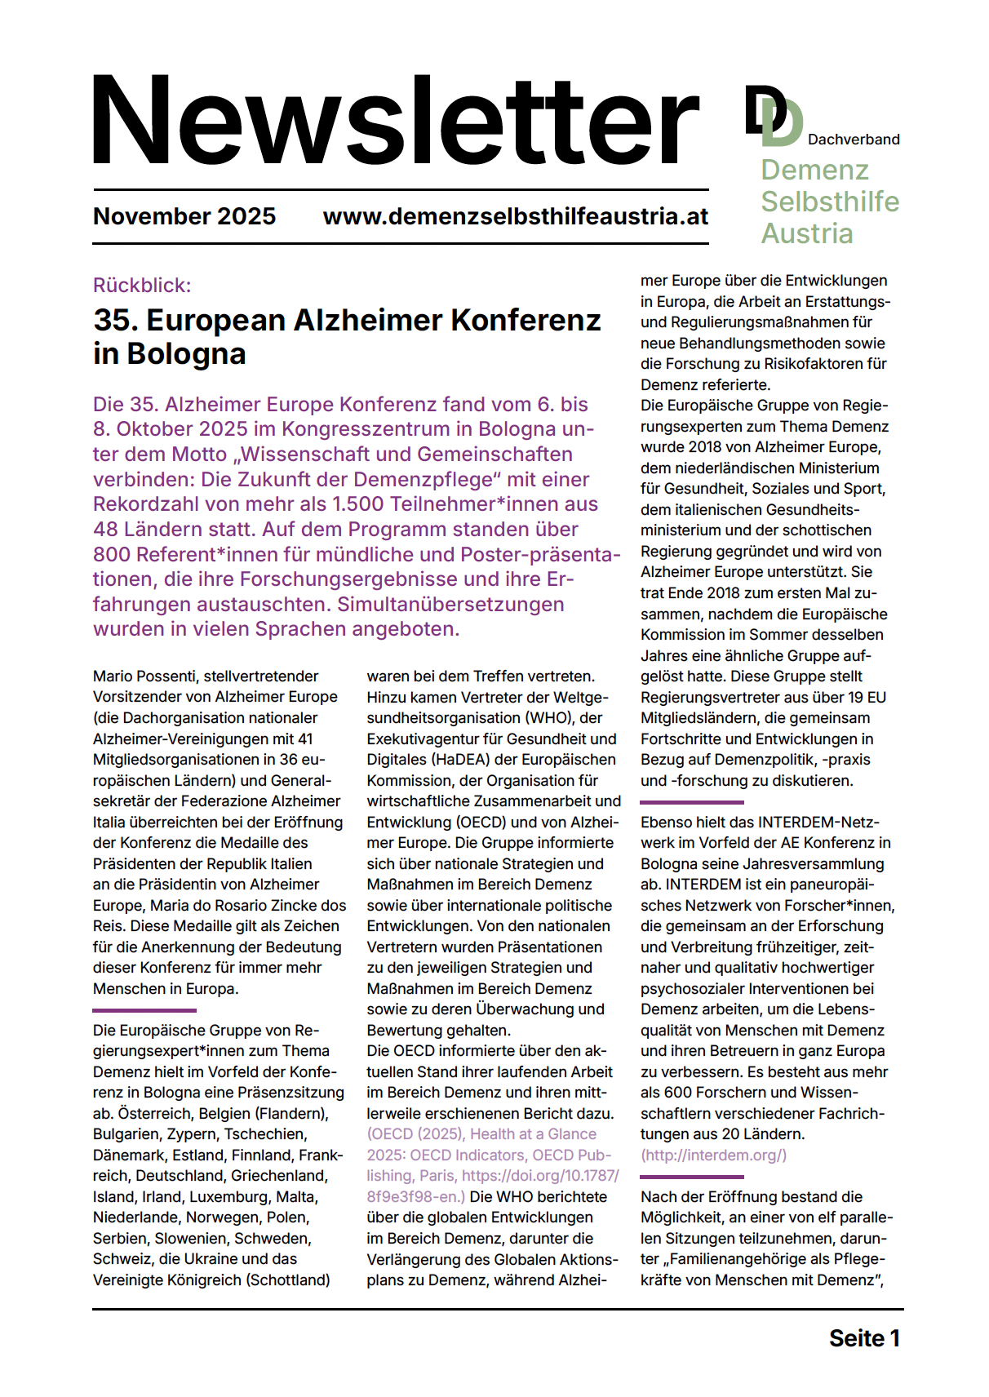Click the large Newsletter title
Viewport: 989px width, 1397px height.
pos(396,121)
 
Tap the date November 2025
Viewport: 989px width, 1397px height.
pos(184,216)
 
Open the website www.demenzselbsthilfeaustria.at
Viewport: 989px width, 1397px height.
pos(515,216)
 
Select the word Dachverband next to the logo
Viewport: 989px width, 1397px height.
pos(853,140)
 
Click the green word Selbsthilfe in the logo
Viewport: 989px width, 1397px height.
pos(829,202)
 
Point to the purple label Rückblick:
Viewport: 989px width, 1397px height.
pos(142,286)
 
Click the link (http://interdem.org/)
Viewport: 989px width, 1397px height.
pos(713,1155)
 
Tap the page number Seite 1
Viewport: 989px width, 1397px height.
pos(863,1339)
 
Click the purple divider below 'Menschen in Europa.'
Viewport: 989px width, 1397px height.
pos(144,1010)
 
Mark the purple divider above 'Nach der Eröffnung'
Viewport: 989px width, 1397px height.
pos(691,1177)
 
